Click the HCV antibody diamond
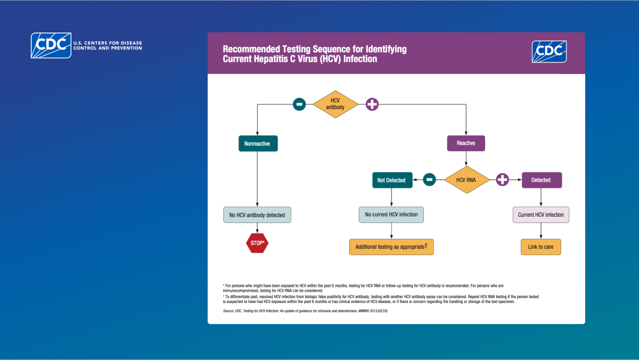click(x=335, y=104)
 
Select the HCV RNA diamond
click(x=466, y=179)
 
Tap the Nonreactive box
click(x=258, y=144)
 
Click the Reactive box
click(x=466, y=143)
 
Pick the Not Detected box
click(x=391, y=180)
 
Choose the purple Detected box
click(x=541, y=180)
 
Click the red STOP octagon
click(x=257, y=243)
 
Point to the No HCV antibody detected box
click(x=257, y=215)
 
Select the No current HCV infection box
click(x=391, y=215)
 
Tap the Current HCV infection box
click(x=541, y=215)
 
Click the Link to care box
click(x=541, y=247)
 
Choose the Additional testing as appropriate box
click(x=391, y=247)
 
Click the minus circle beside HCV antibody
click(x=299, y=104)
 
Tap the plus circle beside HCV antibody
click(x=372, y=104)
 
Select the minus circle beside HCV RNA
click(x=429, y=180)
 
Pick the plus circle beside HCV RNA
click(x=502, y=180)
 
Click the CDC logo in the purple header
click(x=549, y=52)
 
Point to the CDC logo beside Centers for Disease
click(x=51, y=45)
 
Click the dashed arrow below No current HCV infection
click(x=391, y=231)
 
